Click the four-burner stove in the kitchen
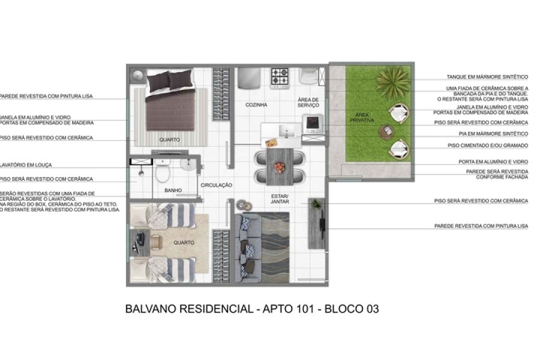pyautogui.click(x=280, y=77)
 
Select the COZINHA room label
pyautogui.click(x=256, y=105)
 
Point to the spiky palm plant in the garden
pyautogui.click(x=394, y=77)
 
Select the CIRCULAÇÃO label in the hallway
pyautogui.click(x=216, y=185)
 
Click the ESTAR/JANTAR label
pyautogui.click(x=280, y=199)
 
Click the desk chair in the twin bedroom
pyautogui.click(x=157, y=242)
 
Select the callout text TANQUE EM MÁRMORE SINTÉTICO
pyautogui.click(x=487, y=77)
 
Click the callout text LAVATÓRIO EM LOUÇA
pyautogui.click(x=28, y=165)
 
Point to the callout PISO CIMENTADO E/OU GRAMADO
pyautogui.click(x=487, y=145)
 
